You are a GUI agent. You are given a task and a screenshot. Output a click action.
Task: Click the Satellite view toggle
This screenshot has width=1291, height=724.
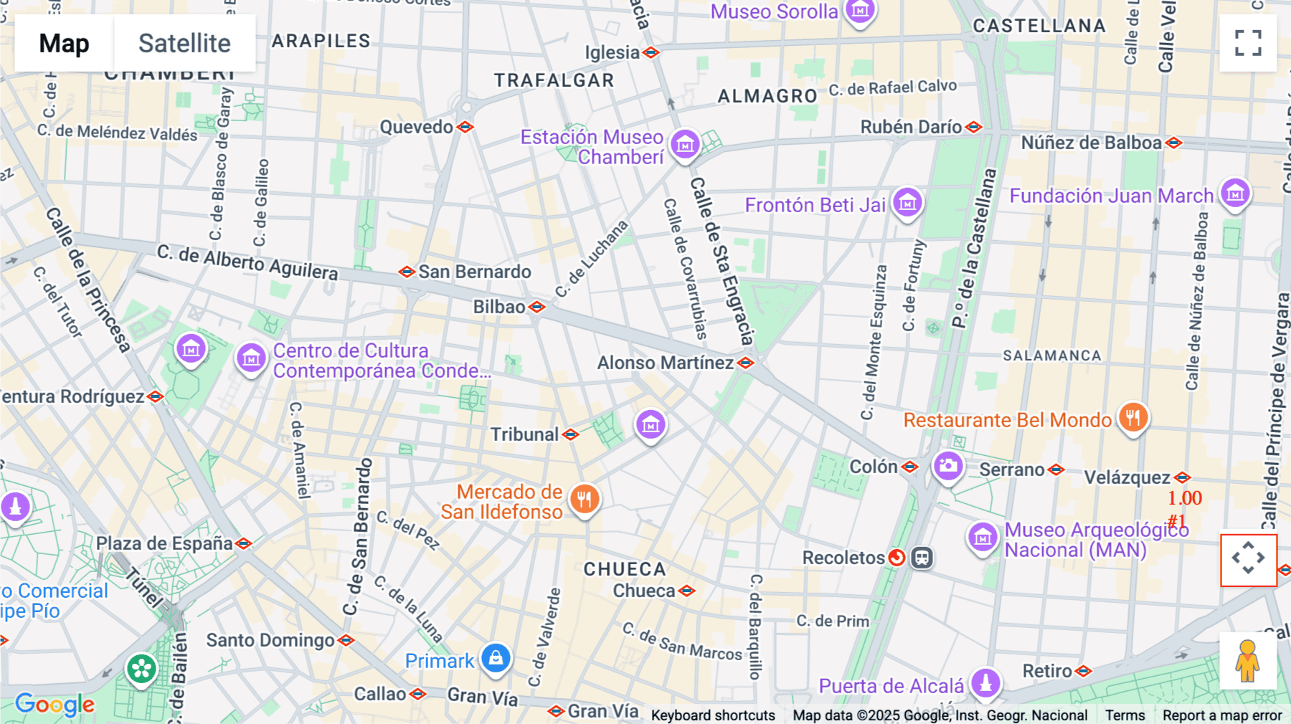[184, 43]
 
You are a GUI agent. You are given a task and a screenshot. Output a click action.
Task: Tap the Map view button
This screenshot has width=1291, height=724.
[64, 43]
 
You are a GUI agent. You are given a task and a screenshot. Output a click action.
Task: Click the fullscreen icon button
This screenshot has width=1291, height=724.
[1248, 43]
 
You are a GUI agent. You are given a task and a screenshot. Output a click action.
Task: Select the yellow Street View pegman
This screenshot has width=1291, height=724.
[1248, 661]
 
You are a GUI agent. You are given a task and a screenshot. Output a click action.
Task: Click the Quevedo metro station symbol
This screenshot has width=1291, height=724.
[465, 127]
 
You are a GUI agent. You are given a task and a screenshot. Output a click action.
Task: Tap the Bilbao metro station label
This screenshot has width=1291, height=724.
[499, 307]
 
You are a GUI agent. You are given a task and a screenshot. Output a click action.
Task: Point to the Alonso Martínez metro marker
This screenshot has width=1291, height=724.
[746, 363]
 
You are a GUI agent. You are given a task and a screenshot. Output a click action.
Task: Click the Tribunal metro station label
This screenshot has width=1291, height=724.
[524, 434]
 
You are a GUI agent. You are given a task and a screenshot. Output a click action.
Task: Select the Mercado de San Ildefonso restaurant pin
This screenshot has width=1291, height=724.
[585, 499]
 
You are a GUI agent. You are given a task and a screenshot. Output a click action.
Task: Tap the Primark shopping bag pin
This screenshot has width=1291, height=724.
[496, 657]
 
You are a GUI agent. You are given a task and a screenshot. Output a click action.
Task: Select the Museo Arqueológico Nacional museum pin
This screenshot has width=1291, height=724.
[983, 537]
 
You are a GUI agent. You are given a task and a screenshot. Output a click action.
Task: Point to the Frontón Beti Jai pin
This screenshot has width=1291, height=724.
[907, 203]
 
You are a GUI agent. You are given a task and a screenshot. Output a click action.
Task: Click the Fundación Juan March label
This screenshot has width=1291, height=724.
[1111, 196]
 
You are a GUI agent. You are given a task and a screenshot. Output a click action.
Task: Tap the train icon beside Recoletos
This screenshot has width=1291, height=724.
[922, 557]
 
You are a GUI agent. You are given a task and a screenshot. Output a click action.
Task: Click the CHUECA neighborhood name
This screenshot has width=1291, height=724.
[625, 569]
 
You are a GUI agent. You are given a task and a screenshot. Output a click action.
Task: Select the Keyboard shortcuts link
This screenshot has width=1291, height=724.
[713, 715]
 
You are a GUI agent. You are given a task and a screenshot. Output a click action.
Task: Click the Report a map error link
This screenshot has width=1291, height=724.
[1222, 715]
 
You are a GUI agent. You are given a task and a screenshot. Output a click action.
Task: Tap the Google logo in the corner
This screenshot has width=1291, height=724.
[55, 705]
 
